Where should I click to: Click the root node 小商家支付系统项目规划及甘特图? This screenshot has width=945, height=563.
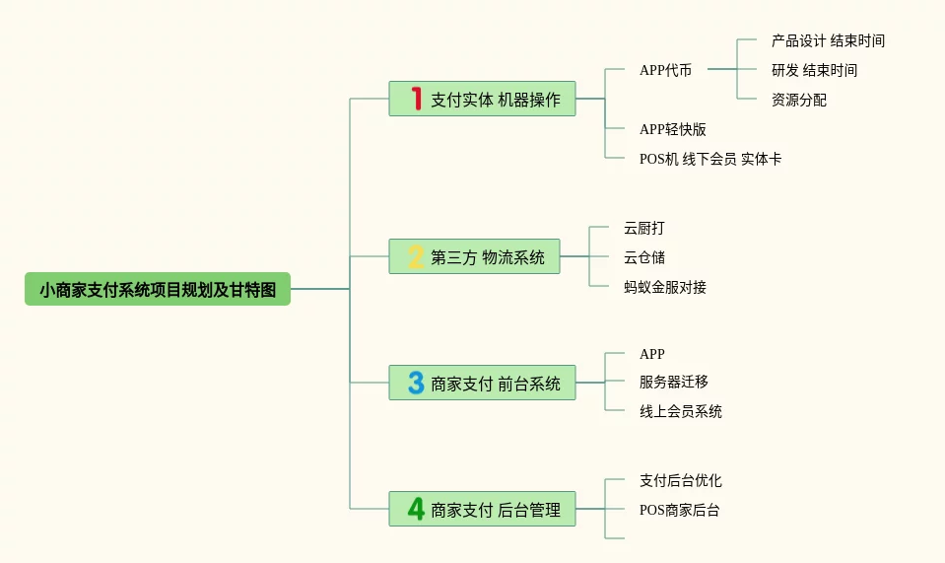pyautogui.click(x=158, y=289)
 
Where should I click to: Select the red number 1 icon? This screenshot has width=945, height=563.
pyautogui.click(x=416, y=99)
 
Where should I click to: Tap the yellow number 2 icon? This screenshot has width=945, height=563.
pyautogui.click(x=416, y=257)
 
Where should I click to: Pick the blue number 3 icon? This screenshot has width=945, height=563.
pyautogui.click(x=416, y=383)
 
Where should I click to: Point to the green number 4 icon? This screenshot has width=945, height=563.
pyautogui.click(x=416, y=510)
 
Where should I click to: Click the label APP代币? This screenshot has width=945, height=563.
pyautogui.click(x=665, y=70)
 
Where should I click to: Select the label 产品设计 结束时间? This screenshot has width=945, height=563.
pyautogui.click(x=828, y=41)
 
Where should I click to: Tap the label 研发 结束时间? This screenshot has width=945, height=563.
pyautogui.click(x=814, y=70)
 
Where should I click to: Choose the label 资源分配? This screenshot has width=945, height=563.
pyautogui.click(x=799, y=100)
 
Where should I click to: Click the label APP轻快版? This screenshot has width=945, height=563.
pyautogui.click(x=672, y=129)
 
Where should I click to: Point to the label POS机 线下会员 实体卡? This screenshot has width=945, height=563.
pyautogui.click(x=709, y=159)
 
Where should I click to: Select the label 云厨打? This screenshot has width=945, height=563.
pyautogui.click(x=643, y=228)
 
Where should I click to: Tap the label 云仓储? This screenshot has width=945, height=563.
pyautogui.click(x=643, y=257)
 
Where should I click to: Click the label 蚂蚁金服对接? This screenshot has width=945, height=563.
pyautogui.click(x=664, y=287)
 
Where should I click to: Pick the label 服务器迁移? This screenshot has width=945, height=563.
pyautogui.click(x=673, y=382)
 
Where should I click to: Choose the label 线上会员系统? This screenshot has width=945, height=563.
pyautogui.click(x=680, y=411)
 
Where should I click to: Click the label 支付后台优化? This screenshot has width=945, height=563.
pyautogui.click(x=680, y=480)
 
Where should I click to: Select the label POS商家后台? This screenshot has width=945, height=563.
pyautogui.click(x=679, y=510)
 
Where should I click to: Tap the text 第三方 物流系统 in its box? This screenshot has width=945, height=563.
pyautogui.click(x=488, y=257)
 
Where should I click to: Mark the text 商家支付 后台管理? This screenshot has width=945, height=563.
pyautogui.click(x=496, y=510)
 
